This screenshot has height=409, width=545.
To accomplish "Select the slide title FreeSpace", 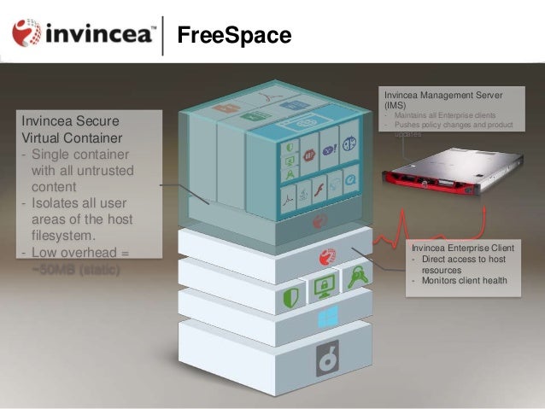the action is (x=233, y=36).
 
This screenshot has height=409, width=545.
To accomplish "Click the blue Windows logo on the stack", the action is (x=327, y=318).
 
